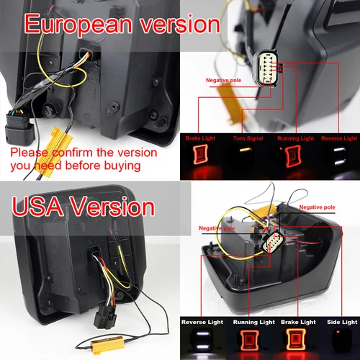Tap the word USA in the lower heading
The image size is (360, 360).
(x=36, y=207)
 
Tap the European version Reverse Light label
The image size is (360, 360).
(x=340, y=138)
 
